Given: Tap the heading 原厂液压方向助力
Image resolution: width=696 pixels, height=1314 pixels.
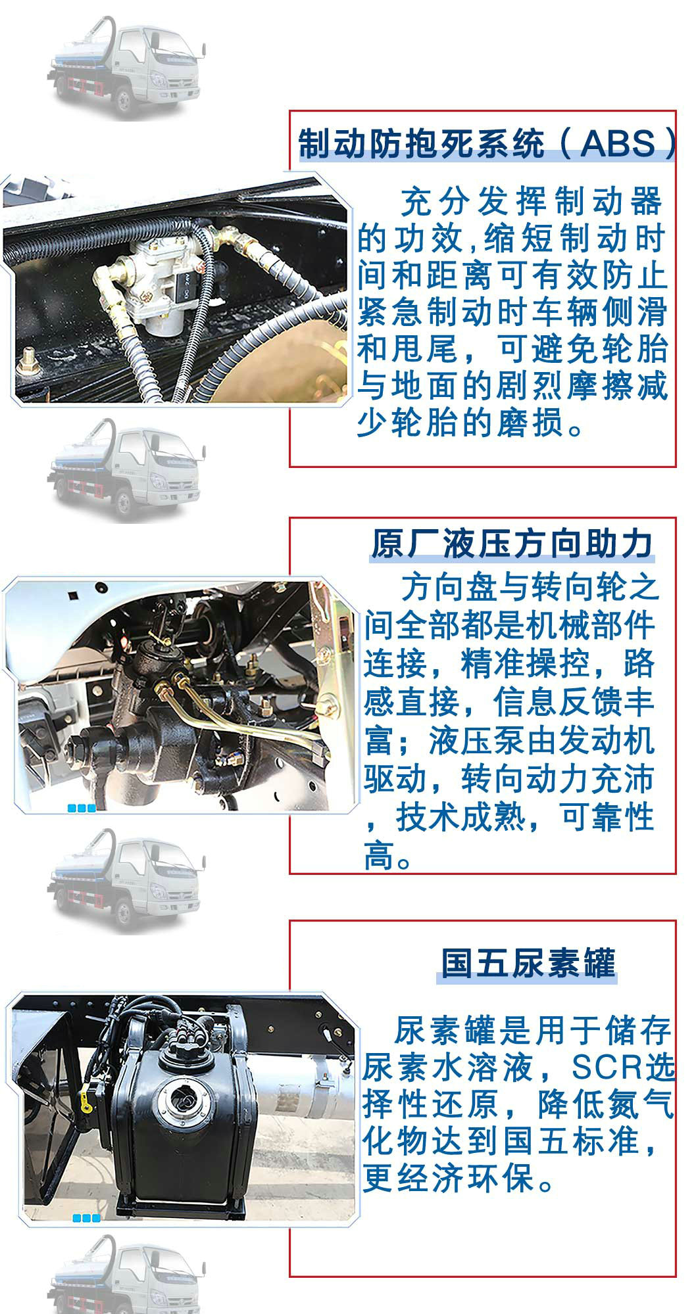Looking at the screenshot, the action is click(512, 544).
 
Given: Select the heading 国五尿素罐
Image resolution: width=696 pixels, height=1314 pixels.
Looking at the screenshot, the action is click(528, 963).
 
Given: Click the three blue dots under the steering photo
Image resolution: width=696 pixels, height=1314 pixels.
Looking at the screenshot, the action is click(82, 809).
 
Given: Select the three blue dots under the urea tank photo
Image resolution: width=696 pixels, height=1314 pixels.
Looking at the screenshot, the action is click(86, 1218).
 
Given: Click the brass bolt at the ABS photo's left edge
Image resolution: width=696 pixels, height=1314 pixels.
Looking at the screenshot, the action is click(27, 359).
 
